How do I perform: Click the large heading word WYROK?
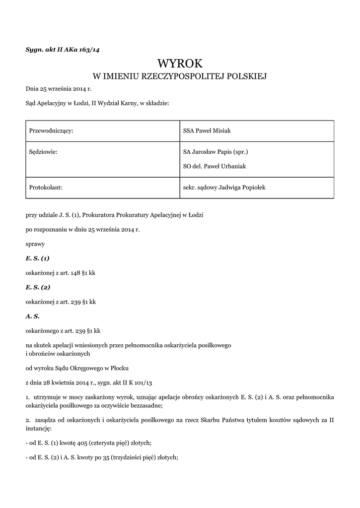(180, 63)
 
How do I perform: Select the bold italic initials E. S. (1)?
(38, 258)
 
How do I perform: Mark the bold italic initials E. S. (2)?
(38, 287)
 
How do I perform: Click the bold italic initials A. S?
(32, 316)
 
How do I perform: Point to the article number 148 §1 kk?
(81, 273)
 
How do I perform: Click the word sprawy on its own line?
(35, 245)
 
